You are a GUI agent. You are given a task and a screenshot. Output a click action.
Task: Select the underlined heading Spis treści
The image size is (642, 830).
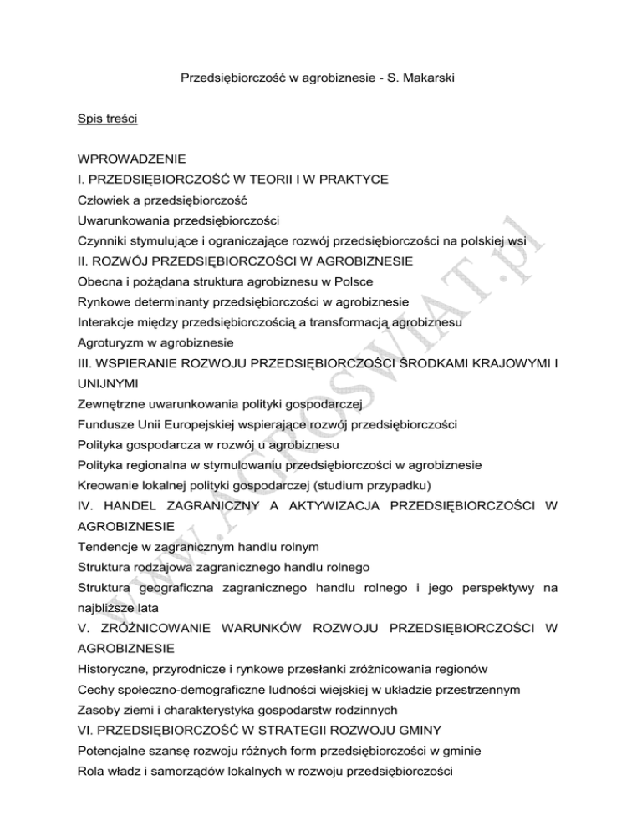pos(107,120)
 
